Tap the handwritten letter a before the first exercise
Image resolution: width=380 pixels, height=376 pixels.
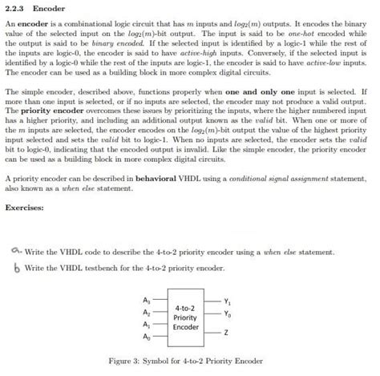(17, 250)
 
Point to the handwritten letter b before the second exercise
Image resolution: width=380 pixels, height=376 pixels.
(17, 265)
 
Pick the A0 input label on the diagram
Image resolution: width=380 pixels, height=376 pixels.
(145, 338)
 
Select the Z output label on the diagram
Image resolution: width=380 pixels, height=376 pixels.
(226, 331)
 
